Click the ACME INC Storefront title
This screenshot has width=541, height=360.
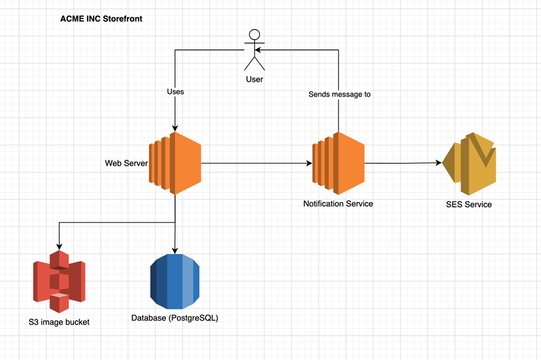click(x=101, y=18)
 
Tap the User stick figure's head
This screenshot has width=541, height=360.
click(x=255, y=35)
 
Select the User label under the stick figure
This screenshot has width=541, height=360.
click(x=255, y=79)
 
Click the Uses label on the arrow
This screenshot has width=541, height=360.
click(x=175, y=92)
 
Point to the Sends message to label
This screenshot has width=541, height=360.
click(x=339, y=94)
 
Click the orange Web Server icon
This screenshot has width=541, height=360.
click(x=175, y=163)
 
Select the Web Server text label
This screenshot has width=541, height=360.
click(x=126, y=163)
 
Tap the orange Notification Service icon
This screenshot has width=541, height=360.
click(x=338, y=163)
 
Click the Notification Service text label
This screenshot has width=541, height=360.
click(x=338, y=204)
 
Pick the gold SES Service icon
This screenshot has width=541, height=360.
click(x=469, y=163)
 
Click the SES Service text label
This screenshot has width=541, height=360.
click(x=469, y=204)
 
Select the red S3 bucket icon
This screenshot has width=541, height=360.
click(x=59, y=281)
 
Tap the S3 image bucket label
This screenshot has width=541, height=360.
click(x=59, y=322)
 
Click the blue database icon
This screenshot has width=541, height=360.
click(x=175, y=281)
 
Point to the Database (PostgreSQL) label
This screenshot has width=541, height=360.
click(x=175, y=318)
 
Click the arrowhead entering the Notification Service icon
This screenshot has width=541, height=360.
click(x=309, y=163)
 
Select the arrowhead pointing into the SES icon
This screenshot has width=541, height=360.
click(x=439, y=163)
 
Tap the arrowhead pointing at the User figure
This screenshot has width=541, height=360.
click(x=258, y=50)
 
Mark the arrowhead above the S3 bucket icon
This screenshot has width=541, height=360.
click(x=59, y=247)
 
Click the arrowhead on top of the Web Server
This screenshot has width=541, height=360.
click(x=175, y=129)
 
